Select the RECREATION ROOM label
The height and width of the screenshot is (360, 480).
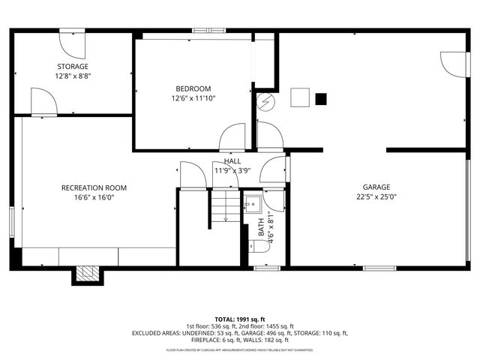[x=94, y=187]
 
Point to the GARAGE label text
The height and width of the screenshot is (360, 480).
[x=376, y=187]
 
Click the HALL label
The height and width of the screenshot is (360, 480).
[x=232, y=161]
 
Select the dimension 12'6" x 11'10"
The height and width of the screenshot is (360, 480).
[x=193, y=98]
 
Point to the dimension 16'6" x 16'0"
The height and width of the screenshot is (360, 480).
[x=94, y=197]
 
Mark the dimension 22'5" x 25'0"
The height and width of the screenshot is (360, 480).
[x=376, y=197]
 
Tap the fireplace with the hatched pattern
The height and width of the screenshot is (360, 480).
[x=86, y=274]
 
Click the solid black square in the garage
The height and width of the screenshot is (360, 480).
[x=321, y=98]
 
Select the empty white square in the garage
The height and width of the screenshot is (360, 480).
[x=300, y=97]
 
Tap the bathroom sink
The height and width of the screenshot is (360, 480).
[x=253, y=203]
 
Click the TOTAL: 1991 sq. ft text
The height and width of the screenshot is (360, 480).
[x=239, y=319]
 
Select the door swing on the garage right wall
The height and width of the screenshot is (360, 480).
[x=452, y=64]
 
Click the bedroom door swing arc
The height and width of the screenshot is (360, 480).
[x=231, y=136]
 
